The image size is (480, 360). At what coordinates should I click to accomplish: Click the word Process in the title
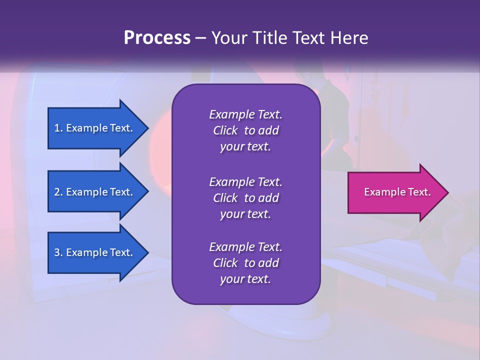click(157, 38)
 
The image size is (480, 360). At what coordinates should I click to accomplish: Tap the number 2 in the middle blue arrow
click(57, 192)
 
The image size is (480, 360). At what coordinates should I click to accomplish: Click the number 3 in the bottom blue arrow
click(57, 252)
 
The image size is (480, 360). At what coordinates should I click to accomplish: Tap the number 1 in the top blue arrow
click(57, 128)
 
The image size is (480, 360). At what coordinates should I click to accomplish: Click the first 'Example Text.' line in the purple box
click(245, 114)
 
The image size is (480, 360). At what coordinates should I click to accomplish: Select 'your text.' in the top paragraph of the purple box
click(245, 146)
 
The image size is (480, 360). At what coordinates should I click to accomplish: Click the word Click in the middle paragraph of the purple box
click(225, 198)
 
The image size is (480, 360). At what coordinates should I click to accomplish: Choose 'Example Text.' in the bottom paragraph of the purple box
click(245, 247)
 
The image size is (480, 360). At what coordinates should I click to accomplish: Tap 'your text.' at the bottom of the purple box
click(245, 279)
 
